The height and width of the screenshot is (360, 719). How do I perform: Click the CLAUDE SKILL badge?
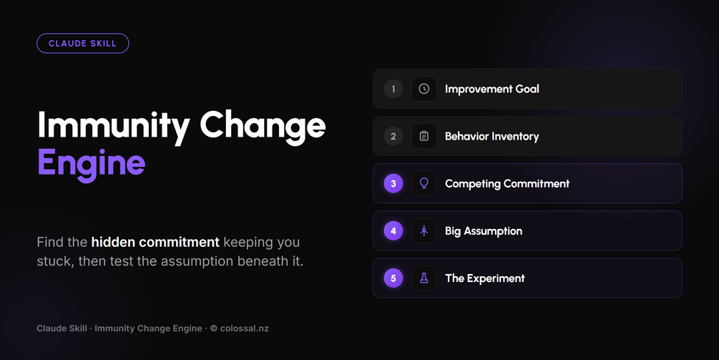point(82,44)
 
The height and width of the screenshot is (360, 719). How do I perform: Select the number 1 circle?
point(393,89)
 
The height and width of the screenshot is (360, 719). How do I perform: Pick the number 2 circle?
point(393,136)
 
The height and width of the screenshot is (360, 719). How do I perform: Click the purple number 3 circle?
point(393,183)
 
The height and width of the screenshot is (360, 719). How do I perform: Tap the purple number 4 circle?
point(393,230)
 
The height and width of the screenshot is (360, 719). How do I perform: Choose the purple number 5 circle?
point(393,278)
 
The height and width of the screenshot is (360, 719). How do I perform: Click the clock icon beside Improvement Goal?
point(424,89)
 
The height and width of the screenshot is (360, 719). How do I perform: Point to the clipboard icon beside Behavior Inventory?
point(424,136)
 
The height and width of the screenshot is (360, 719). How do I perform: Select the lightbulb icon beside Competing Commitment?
point(424,183)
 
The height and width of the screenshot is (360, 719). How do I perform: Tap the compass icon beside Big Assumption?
point(424,230)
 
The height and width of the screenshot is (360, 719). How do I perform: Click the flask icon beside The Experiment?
point(424,278)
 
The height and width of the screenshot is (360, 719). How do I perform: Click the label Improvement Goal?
point(492,89)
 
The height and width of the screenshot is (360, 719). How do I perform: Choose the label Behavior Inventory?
point(492,136)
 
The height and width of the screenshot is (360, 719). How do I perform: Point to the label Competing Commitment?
point(507,184)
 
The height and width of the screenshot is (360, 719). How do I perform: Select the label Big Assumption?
point(484,231)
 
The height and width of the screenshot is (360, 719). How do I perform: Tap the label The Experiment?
point(485,278)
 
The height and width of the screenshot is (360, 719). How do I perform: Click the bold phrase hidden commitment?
point(155,242)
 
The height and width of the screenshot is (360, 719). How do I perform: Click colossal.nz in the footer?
point(245,329)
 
